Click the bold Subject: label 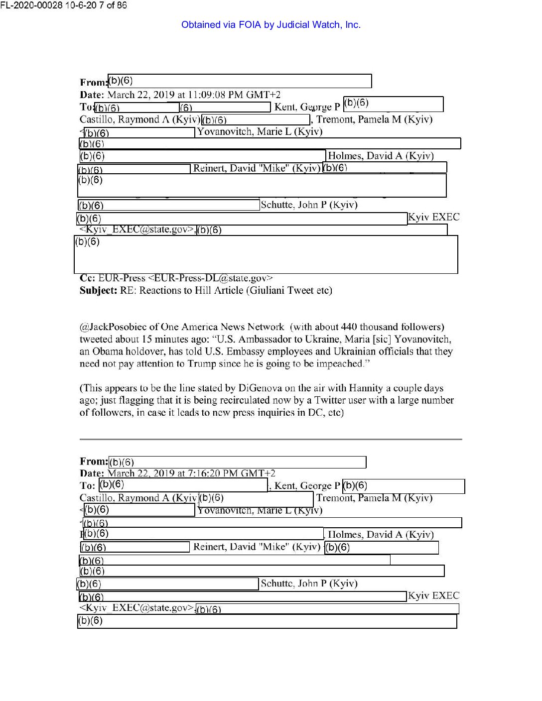click(98, 290)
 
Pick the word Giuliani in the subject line click(268, 290)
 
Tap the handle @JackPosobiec click(113, 327)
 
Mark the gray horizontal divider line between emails click(271, 439)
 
